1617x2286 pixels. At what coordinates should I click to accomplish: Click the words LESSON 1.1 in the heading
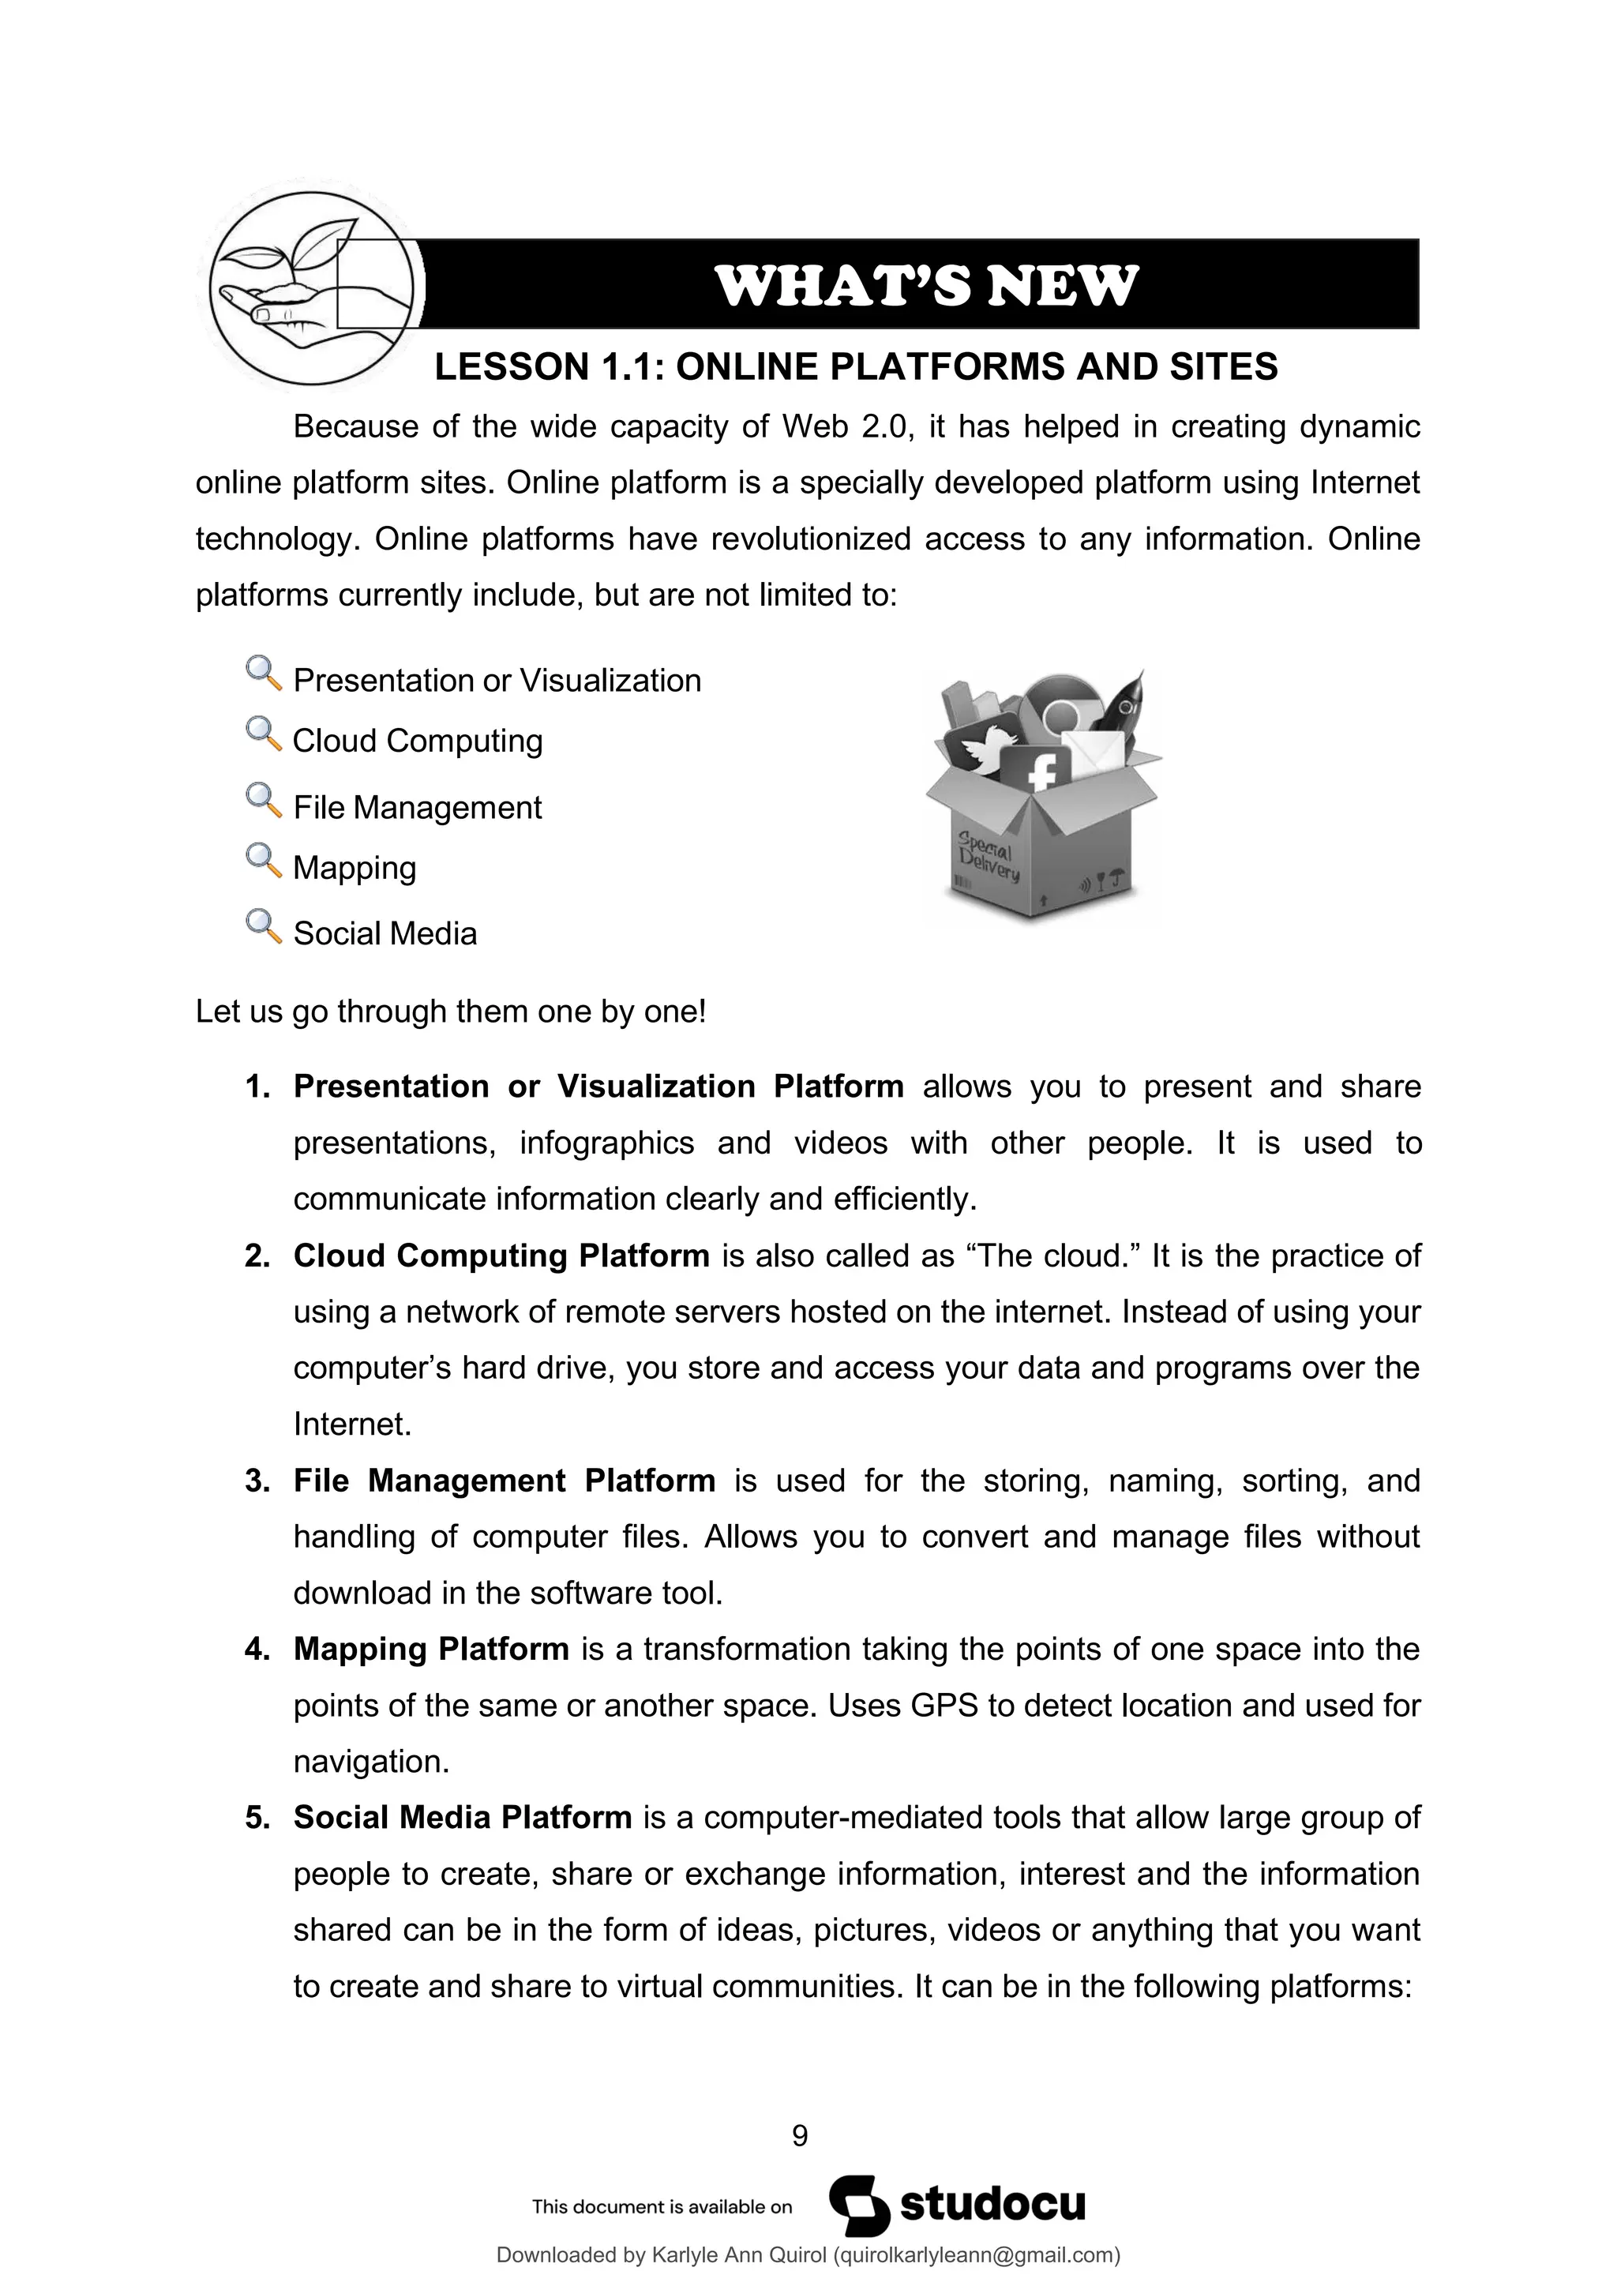click(x=550, y=367)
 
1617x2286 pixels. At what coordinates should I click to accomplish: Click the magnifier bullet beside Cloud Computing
click(x=263, y=735)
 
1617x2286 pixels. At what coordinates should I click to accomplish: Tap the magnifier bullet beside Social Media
click(x=263, y=927)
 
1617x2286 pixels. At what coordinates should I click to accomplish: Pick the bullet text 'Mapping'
click(x=355, y=867)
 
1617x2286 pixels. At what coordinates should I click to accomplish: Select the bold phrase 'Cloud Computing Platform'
click(x=501, y=1256)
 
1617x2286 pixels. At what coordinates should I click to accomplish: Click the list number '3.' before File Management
click(x=258, y=1481)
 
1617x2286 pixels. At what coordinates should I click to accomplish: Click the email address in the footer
click(x=975, y=2254)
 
